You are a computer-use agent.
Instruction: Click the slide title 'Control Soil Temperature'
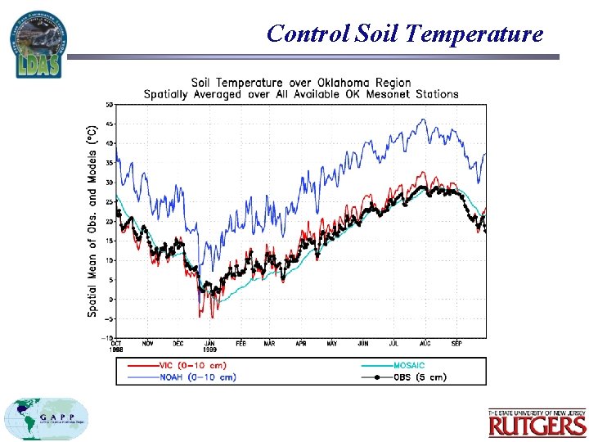pyautogui.click(x=404, y=34)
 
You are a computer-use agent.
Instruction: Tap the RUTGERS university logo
pyautogui.click(x=537, y=422)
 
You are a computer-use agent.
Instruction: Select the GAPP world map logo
pyautogui.click(x=47, y=419)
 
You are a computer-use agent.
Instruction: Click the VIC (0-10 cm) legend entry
pyautogui.click(x=193, y=365)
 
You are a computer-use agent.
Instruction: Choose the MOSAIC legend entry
pyautogui.click(x=406, y=365)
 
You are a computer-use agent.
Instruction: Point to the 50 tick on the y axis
pyautogui.click(x=109, y=104)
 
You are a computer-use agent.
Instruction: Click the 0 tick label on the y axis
pyautogui.click(x=110, y=300)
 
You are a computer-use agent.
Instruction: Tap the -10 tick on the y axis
pyautogui.click(x=107, y=338)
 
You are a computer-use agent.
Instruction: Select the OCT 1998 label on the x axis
pyautogui.click(x=117, y=346)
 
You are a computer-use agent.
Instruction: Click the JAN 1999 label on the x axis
pyautogui.click(x=210, y=346)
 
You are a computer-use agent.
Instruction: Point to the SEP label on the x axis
pyautogui.click(x=456, y=344)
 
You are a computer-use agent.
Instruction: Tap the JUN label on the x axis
pyautogui.click(x=363, y=344)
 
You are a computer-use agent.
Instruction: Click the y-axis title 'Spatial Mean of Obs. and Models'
pyautogui.click(x=92, y=220)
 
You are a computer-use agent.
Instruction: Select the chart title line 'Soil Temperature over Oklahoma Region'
pyautogui.click(x=301, y=83)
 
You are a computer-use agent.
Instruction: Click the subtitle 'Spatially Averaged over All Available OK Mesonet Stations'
pyautogui.click(x=301, y=94)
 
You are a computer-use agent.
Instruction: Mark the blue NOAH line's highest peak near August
pyautogui.click(x=423, y=120)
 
